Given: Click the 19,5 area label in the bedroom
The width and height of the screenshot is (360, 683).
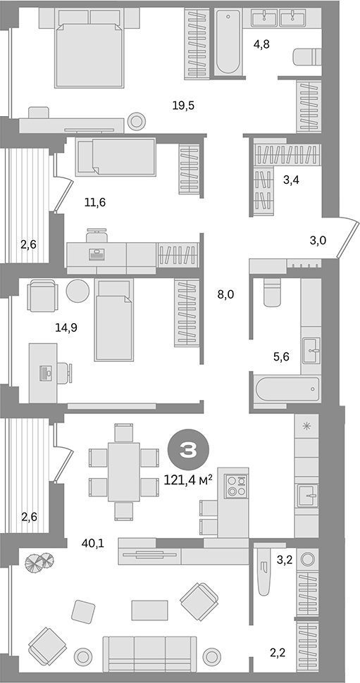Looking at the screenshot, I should point(183,106).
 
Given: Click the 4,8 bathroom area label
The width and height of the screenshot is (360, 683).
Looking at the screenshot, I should point(262,44).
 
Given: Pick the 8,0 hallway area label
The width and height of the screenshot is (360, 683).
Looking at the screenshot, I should point(225,294).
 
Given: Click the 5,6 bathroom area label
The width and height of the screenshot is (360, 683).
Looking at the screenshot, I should point(282,356).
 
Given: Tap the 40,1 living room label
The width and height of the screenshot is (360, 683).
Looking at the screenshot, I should point(92,543).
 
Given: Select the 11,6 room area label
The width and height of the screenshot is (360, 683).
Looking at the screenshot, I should point(94,203).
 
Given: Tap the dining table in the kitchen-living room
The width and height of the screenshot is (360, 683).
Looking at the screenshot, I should point(124,471).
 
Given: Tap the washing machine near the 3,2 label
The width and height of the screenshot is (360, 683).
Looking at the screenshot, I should point(309,560).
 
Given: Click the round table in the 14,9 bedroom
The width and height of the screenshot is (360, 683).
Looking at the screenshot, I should point(77,290).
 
